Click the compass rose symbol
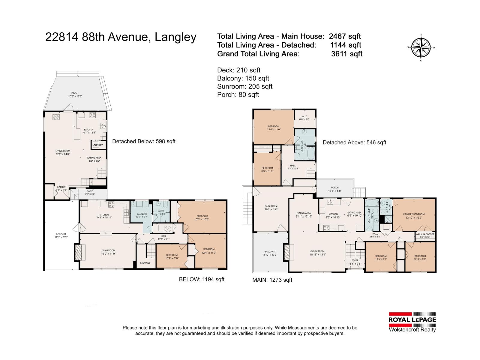coord(421,48)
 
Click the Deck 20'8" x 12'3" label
coord(75,95)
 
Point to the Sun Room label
coord(271,208)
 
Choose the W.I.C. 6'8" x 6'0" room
coord(304,118)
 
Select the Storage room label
coord(145,263)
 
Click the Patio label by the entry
coord(90,192)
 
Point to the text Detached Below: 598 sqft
coord(144,141)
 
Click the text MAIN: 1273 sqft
coord(272,280)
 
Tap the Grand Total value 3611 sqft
coord(347,54)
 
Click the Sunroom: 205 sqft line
coord(244,86)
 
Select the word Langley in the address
coord(175,37)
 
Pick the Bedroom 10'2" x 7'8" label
coord(172,256)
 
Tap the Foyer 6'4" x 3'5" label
coord(355,262)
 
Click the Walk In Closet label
coord(425,235)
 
